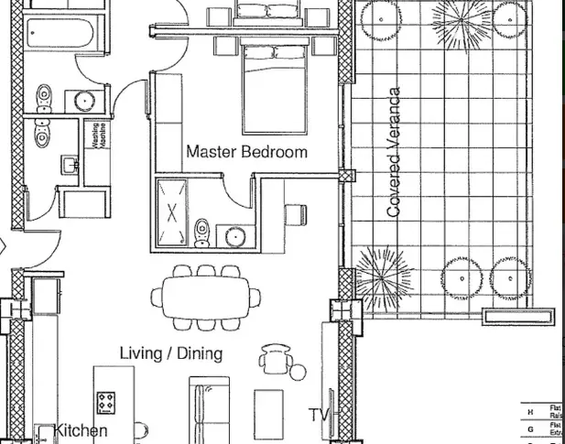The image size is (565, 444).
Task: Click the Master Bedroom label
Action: point(246,152)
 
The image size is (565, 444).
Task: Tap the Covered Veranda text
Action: point(395,153)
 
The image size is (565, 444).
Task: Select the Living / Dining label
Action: point(171,353)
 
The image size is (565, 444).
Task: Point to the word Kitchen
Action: point(81,430)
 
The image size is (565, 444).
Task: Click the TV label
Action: point(318,416)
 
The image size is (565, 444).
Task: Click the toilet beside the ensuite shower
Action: point(202,232)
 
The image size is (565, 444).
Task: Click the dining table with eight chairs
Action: point(203,297)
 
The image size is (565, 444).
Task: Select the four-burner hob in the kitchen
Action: point(106,401)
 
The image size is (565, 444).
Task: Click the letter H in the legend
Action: point(530,412)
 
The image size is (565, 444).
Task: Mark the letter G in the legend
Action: point(530,428)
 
